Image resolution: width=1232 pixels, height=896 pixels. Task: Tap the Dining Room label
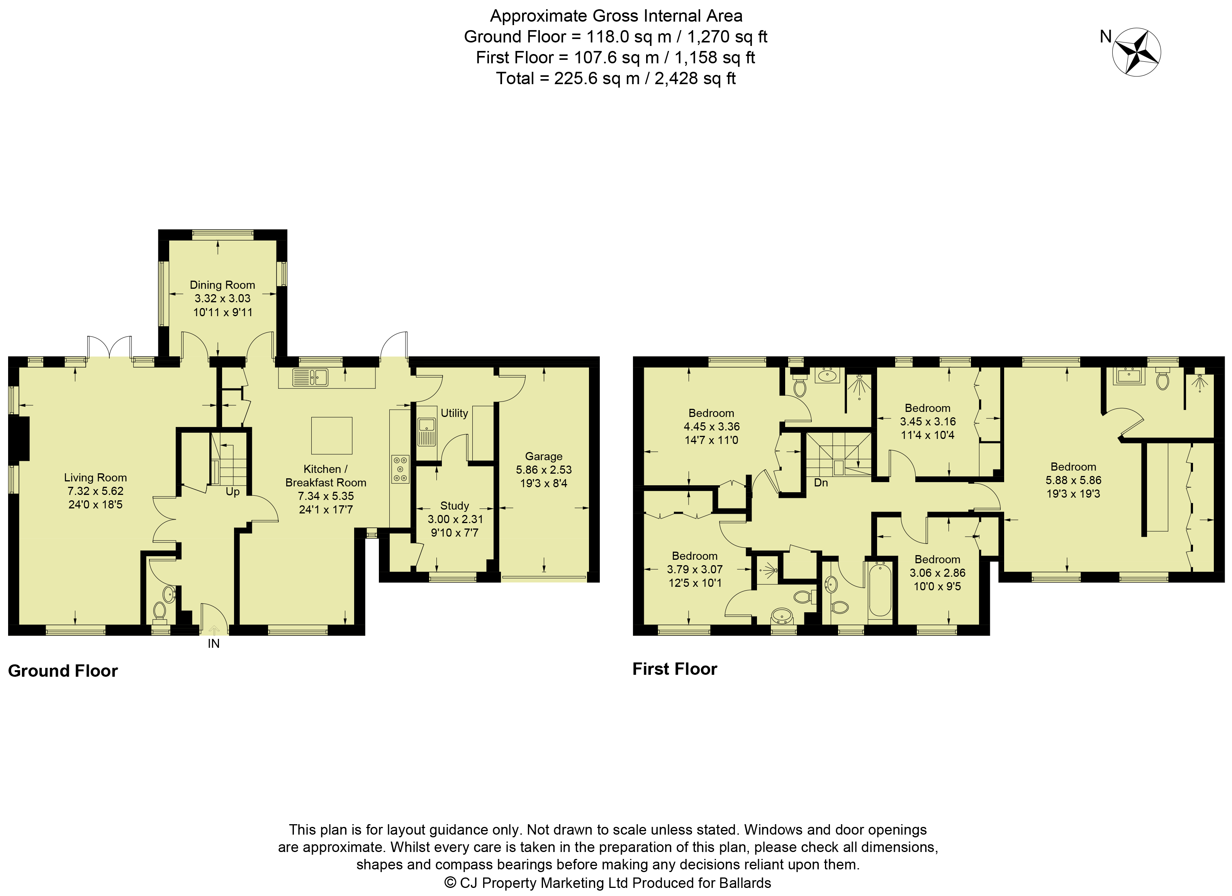click(x=222, y=285)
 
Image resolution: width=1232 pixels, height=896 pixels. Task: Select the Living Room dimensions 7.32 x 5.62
click(x=96, y=491)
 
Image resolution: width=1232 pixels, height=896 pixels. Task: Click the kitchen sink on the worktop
click(x=310, y=378)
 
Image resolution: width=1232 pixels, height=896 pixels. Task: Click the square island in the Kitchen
click(x=332, y=435)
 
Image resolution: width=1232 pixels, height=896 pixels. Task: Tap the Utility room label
click(x=454, y=413)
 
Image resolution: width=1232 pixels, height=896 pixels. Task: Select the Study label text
click(x=455, y=506)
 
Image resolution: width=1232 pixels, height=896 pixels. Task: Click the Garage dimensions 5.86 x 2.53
click(x=544, y=470)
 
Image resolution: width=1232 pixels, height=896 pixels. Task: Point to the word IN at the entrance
click(x=214, y=644)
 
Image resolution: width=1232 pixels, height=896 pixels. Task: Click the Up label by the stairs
click(x=232, y=492)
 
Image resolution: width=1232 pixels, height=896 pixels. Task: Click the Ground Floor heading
click(x=63, y=671)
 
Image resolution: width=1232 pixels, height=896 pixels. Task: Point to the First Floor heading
click(x=675, y=669)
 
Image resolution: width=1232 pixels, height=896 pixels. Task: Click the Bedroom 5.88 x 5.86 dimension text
click(x=1073, y=480)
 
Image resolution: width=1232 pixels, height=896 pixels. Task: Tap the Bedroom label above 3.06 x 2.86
click(x=938, y=559)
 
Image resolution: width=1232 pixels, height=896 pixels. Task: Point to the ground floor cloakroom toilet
click(x=159, y=611)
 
